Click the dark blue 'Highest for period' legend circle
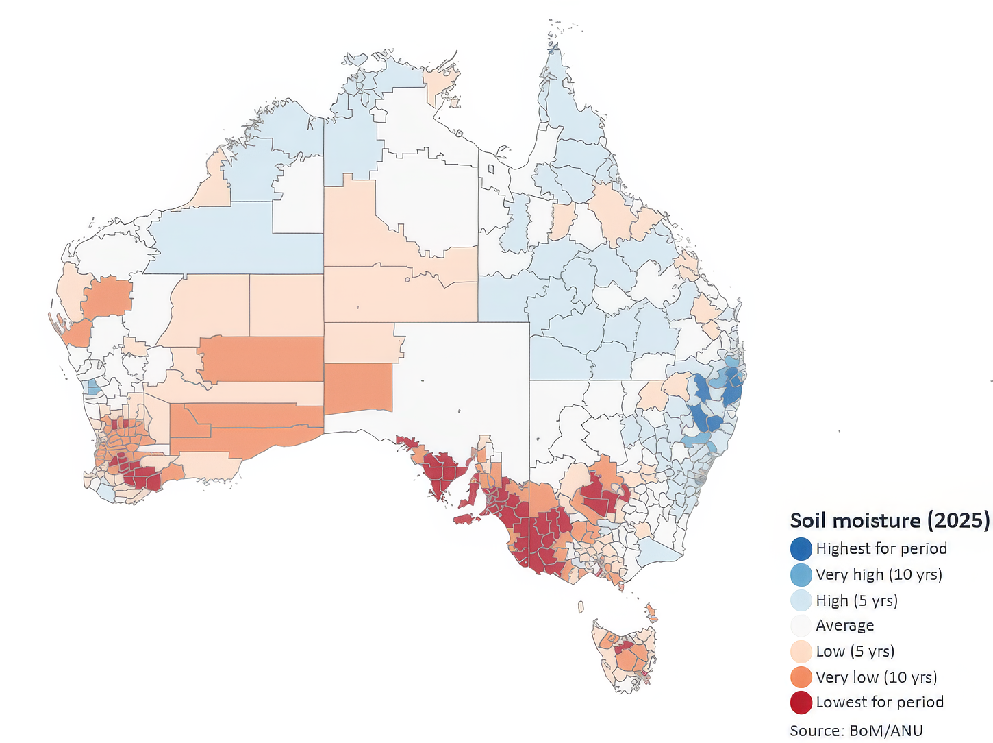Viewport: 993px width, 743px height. coord(801,548)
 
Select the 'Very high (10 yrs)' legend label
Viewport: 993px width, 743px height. coord(879,574)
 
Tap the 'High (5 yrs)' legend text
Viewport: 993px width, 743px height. coord(856,600)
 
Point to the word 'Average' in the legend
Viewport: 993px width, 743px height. coord(844,625)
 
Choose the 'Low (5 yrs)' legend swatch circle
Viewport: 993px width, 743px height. coord(801,651)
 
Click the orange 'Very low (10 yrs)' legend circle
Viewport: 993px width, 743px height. coord(801,677)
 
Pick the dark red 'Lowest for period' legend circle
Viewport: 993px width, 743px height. coord(801,703)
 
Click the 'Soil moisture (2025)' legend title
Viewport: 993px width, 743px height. coord(889,520)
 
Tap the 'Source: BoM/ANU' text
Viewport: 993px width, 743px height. coord(856,731)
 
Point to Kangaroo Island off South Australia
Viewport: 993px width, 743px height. coord(468,519)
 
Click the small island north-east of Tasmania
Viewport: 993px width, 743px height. coord(651,613)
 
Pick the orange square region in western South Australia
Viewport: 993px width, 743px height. coord(357,388)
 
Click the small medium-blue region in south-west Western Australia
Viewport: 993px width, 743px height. coord(94,387)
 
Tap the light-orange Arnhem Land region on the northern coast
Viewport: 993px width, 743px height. coord(441,82)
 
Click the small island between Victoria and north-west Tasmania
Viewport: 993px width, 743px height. coord(581,607)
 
